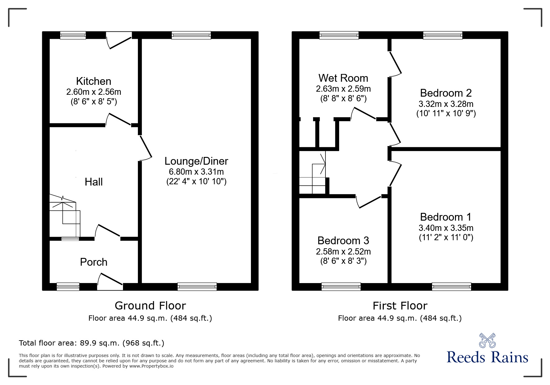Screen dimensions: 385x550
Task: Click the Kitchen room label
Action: click(x=93, y=81)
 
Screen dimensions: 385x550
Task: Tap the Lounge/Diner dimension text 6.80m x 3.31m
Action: click(x=196, y=172)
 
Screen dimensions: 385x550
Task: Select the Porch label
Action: click(x=93, y=262)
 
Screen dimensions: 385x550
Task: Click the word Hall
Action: click(x=93, y=182)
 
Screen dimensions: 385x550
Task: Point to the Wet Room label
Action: click(x=343, y=78)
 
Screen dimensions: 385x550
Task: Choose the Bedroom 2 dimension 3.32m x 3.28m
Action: click(x=446, y=104)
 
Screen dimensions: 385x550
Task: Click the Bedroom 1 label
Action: click(x=446, y=217)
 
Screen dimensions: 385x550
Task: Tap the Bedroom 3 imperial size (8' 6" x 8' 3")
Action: click(x=343, y=261)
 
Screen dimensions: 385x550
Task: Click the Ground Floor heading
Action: click(x=150, y=305)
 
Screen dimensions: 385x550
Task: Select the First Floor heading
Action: click(x=400, y=305)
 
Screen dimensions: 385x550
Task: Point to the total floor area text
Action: click(x=92, y=343)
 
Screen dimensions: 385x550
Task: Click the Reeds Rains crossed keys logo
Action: click(x=487, y=340)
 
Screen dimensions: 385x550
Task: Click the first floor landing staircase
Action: click(x=312, y=174)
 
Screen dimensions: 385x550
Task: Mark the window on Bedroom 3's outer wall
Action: click(x=341, y=286)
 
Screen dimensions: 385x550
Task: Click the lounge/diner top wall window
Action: click(x=191, y=35)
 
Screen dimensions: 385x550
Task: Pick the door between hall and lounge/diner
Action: click(x=145, y=148)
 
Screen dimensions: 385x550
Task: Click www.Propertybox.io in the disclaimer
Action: click(x=151, y=366)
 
